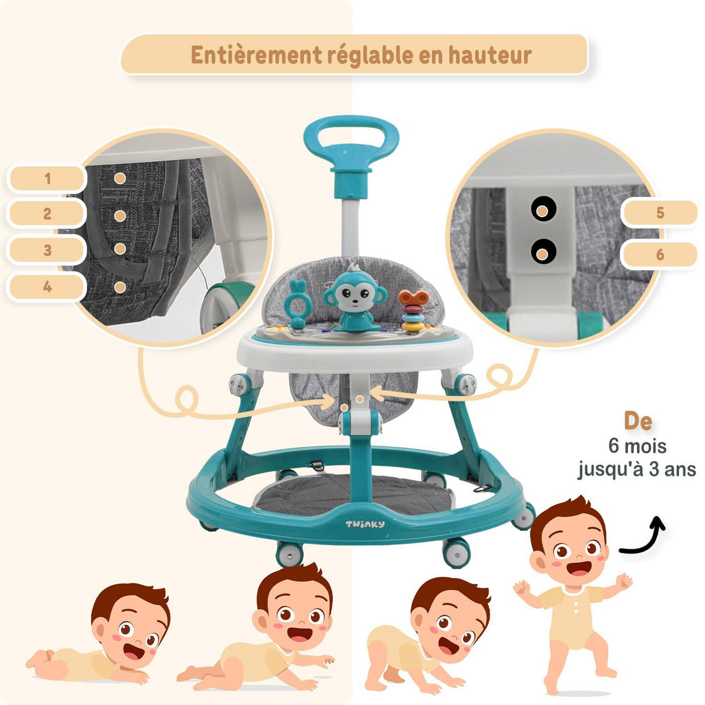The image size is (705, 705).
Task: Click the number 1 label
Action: point(47,179)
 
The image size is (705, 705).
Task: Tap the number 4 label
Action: point(47,287)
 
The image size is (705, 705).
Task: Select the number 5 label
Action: point(660,213)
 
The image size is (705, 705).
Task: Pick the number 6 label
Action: point(660,254)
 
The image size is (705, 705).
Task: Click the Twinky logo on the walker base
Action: point(365,524)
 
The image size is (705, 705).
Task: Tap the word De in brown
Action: point(638,422)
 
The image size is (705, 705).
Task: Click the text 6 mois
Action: point(637,446)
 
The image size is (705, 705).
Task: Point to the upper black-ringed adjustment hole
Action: point(543,210)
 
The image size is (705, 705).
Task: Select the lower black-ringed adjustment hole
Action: point(543,251)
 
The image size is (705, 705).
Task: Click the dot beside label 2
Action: point(120,216)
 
